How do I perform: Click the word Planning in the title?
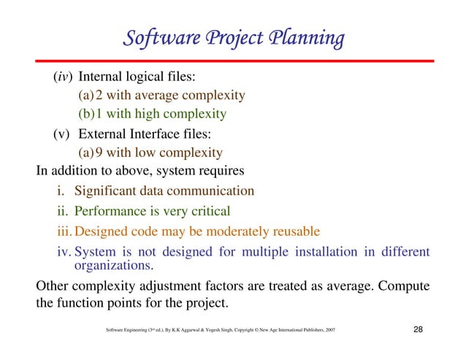302,38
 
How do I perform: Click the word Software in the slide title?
153,38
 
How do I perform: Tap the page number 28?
418,331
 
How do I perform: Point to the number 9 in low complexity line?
99,153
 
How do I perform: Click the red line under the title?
233,60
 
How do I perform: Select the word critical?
206,212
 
